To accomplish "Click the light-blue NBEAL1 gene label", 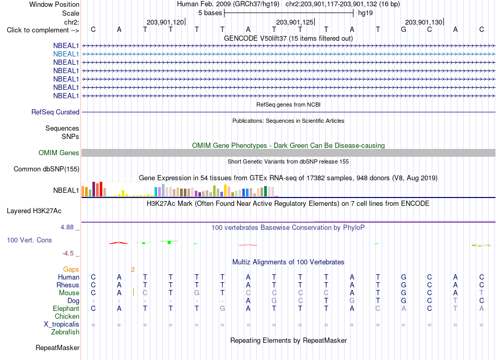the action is click(66, 54).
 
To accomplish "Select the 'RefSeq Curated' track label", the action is click(55, 112).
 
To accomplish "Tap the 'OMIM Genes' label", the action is click(59, 153).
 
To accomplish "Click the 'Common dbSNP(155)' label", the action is click(46, 169).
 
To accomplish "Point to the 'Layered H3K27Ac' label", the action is click(34, 211).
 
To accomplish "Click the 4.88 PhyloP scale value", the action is click(67, 227).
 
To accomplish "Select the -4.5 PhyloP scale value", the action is click(68, 253).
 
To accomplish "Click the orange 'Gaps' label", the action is click(71, 269).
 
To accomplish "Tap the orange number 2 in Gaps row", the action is click(133, 270).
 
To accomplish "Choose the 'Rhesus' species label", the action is click(68, 285).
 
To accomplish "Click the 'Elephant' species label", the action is click(66, 308).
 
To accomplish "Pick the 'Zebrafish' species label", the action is click(65, 332).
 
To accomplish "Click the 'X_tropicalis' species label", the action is click(62, 324).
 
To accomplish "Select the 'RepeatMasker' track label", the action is click(57, 347).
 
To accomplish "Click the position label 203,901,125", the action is click(294, 22).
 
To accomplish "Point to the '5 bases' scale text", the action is click(210, 13).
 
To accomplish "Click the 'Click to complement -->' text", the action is click(43, 30).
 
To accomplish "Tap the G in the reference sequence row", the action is click(404, 29).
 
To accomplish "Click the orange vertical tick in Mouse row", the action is click(134, 292).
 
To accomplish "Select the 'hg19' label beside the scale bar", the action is click(365, 13).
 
